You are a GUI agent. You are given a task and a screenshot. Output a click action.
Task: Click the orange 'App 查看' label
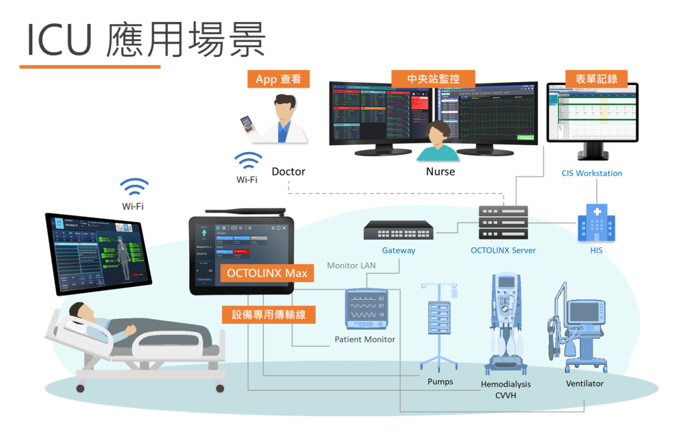click(278, 79)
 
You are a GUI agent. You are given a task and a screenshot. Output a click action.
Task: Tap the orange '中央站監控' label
click(433, 79)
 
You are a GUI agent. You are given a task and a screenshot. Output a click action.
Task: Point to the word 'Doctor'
click(288, 171)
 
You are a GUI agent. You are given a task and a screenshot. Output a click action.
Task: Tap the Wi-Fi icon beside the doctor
click(248, 161)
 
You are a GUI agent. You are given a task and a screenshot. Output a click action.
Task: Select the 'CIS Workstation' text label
click(592, 173)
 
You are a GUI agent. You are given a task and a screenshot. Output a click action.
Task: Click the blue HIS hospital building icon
click(596, 223)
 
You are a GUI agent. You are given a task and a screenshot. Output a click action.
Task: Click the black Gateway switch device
click(398, 229)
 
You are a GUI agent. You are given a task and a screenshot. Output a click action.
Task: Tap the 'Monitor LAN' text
click(351, 266)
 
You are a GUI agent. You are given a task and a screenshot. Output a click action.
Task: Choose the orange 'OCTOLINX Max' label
click(267, 273)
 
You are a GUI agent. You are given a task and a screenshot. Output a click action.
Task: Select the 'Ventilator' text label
click(584, 383)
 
